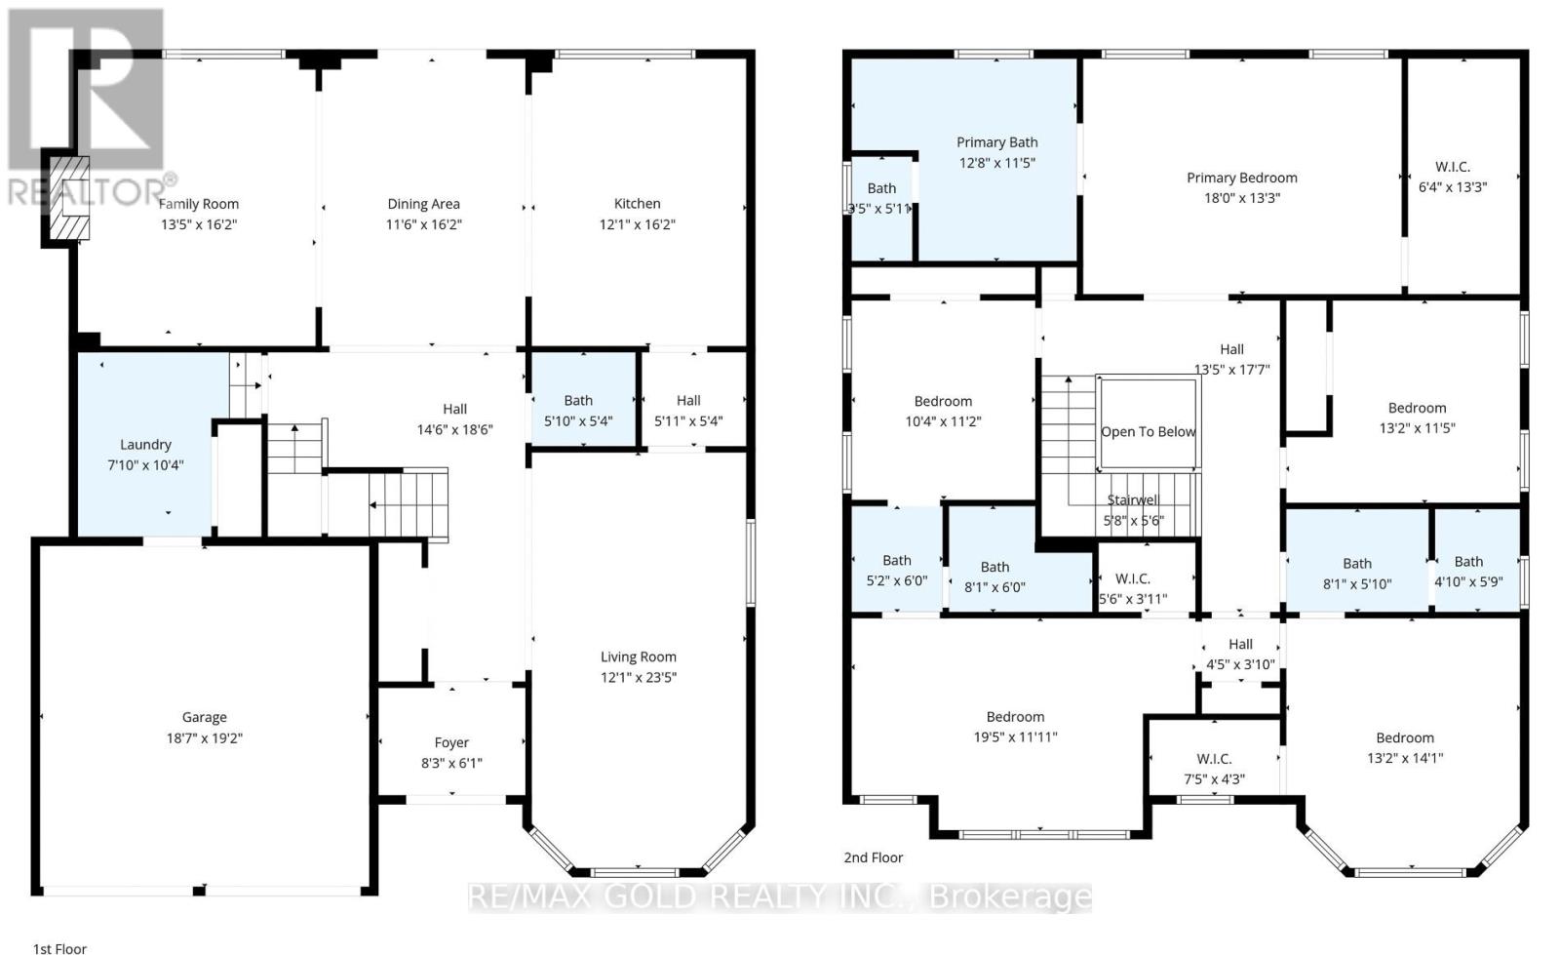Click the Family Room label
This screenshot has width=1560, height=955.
pyautogui.click(x=199, y=204)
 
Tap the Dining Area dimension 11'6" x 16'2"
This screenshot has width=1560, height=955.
pyautogui.click(x=423, y=224)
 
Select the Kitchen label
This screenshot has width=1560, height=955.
pyautogui.click(x=637, y=203)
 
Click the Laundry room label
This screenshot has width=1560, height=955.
pyautogui.click(x=145, y=444)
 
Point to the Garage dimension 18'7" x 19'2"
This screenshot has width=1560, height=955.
pyautogui.click(x=204, y=738)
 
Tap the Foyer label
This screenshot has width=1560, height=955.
pyautogui.click(x=451, y=742)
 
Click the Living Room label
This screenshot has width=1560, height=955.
pyautogui.click(x=638, y=657)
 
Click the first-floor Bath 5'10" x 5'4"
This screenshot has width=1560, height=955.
pyautogui.click(x=578, y=410)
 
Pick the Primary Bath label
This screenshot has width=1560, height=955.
pyautogui.click(x=996, y=142)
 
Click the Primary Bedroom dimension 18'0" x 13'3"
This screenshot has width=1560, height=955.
pyautogui.click(x=1241, y=198)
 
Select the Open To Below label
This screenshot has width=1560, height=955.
pyautogui.click(x=1148, y=431)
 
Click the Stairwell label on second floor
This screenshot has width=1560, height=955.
pyautogui.click(x=1132, y=499)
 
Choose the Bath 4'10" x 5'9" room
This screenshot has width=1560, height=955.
pyautogui.click(x=1468, y=571)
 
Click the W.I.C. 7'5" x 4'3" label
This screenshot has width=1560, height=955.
pyautogui.click(x=1214, y=758)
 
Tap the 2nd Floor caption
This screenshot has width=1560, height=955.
pyautogui.click(x=873, y=857)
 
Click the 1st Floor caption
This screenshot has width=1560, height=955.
pyautogui.click(x=59, y=947)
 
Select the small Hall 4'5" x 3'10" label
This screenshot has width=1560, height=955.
pyautogui.click(x=1240, y=644)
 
